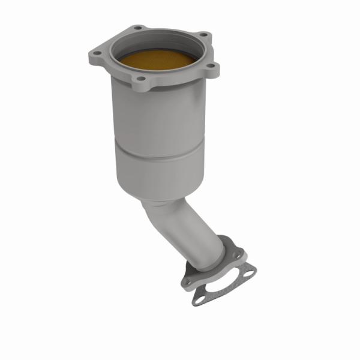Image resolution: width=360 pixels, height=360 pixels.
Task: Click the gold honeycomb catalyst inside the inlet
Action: click(x=157, y=59)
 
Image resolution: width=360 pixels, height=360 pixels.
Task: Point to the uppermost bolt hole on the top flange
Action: click(x=139, y=28)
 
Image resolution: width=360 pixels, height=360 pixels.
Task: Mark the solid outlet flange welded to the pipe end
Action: click(x=231, y=249)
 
